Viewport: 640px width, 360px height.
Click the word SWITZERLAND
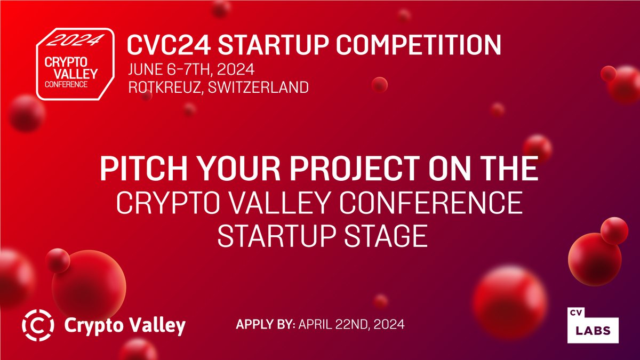tap(265, 87)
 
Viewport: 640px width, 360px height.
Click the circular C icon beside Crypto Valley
tap(38, 324)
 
